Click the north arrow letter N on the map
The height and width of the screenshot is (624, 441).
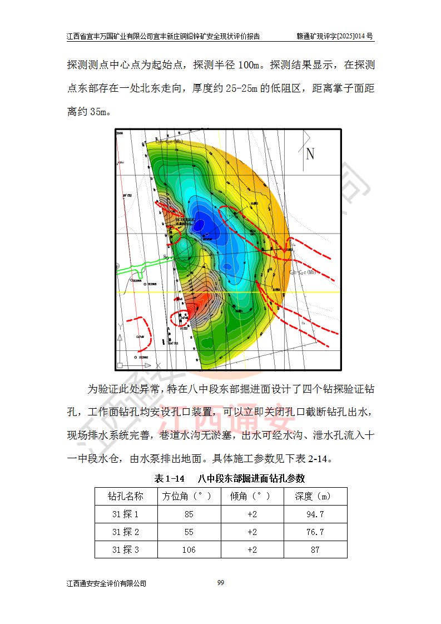(310, 154)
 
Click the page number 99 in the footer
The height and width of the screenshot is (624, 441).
(221, 582)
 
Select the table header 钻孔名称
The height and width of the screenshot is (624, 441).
(126, 496)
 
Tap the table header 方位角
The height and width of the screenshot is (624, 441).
(189, 496)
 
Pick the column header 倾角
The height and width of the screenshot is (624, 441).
(252, 496)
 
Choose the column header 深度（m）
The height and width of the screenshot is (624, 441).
(315, 496)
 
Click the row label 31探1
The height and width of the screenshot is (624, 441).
(126, 514)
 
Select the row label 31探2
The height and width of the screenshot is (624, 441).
(126, 532)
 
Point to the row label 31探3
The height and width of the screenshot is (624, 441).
(126, 550)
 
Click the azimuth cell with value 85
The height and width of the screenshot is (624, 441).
(189, 514)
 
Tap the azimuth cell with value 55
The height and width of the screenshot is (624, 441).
(189, 532)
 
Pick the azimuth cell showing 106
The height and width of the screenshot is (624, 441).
(189, 550)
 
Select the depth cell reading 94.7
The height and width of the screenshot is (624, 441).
(315, 514)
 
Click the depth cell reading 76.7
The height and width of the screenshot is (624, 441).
(315, 532)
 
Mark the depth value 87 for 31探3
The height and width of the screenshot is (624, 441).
(315, 550)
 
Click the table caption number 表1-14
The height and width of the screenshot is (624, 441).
(169, 478)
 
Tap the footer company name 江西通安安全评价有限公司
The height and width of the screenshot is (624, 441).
(106, 583)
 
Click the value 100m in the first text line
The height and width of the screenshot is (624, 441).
(249, 66)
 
